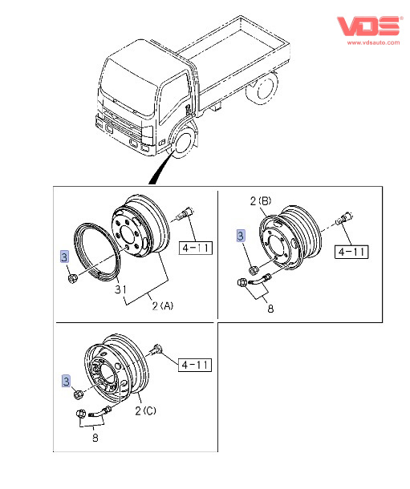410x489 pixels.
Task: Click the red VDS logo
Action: pyautogui.click(x=369, y=26)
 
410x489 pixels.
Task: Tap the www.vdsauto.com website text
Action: pyautogui.click(x=373, y=42)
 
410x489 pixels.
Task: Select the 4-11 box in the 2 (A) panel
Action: pyautogui.click(x=196, y=248)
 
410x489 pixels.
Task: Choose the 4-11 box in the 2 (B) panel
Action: pyautogui.click(x=351, y=252)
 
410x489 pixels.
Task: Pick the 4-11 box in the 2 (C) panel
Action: pyautogui.click(x=195, y=365)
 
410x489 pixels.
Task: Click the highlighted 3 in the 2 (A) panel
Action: pyautogui.click(x=64, y=257)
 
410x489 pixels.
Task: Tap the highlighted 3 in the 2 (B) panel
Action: pyautogui.click(x=240, y=236)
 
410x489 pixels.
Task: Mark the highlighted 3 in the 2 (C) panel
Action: pyautogui.click(x=66, y=381)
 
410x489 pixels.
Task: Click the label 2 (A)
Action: pyautogui.click(x=163, y=306)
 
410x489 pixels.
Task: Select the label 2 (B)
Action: pyautogui.click(x=261, y=201)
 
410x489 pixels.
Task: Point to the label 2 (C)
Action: pyautogui.click(x=145, y=410)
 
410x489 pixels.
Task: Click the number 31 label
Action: pyautogui.click(x=120, y=289)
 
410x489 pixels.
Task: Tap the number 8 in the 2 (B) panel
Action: pyautogui.click(x=270, y=309)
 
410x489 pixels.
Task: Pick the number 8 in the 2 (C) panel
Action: pyautogui.click(x=95, y=438)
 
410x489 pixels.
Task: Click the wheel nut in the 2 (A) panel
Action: pyautogui.click(x=72, y=277)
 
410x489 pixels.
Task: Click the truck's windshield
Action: pyautogui.click(x=128, y=88)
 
